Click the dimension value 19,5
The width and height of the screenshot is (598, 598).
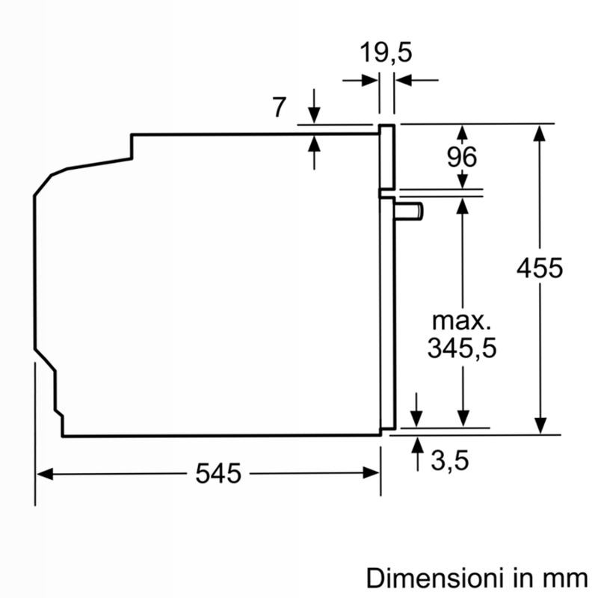(386, 52)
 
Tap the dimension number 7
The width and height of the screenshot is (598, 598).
(279, 107)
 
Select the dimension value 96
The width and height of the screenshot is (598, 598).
(462, 157)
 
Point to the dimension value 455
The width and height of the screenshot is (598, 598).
(539, 268)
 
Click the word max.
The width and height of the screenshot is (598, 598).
(461, 321)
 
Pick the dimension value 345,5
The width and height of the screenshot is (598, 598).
(462, 348)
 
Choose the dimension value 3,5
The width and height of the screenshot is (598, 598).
(450, 460)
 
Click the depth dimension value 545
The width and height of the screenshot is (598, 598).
(218, 473)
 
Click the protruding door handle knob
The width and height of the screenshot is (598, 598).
(409, 212)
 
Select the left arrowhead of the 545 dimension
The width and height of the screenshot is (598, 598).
(45, 475)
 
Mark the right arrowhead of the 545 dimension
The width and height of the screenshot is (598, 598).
(371, 473)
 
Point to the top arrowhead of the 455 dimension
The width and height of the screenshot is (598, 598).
(539, 133)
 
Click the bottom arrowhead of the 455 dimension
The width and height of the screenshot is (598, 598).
(540, 425)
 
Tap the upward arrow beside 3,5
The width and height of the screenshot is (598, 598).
(418, 454)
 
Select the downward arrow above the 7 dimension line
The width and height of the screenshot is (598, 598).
(314, 106)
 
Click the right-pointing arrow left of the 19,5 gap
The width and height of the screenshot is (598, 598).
(360, 81)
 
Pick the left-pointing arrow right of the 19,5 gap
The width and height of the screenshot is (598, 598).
(417, 81)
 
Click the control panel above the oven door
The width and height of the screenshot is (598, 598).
(386, 157)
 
